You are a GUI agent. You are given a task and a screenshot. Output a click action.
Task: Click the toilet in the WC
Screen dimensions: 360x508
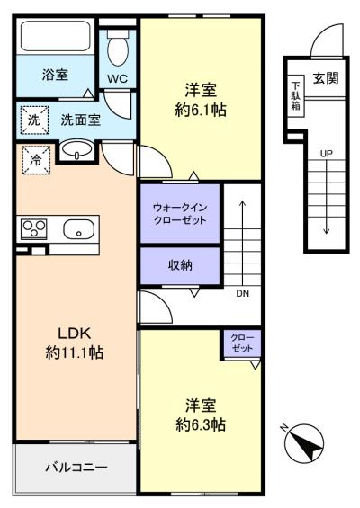(x=119, y=48)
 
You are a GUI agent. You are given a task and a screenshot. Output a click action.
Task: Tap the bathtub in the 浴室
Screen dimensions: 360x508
(x=55, y=36)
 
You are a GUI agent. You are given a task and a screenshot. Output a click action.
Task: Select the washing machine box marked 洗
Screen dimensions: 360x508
(x=34, y=120)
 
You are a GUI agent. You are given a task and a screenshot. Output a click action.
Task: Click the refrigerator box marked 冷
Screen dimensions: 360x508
(x=36, y=160)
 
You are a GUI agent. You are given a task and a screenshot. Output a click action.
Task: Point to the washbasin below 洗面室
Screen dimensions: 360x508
(x=77, y=150)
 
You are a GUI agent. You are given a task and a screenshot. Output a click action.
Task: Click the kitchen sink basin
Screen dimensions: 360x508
(x=79, y=229)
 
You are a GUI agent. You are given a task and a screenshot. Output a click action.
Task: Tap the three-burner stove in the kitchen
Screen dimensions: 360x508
(x=34, y=229)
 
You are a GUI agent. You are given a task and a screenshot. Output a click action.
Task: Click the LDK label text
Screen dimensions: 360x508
(x=75, y=333)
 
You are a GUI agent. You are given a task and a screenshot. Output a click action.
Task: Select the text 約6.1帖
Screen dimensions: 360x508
(x=201, y=111)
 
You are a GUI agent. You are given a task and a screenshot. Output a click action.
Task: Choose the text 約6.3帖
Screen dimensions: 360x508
(x=201, y=424)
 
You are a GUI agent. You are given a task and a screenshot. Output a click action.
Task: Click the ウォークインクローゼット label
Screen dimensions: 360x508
(x=180, y=214)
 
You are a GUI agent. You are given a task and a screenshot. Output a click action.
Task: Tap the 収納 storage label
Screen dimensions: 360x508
(x=180, y=265)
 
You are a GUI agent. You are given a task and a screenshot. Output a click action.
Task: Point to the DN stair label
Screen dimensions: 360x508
(x=243, y=293)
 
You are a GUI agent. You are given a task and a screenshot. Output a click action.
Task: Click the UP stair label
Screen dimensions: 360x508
(x=327, y=154)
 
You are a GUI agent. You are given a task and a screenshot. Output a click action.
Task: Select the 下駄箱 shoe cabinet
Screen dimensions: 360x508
(x=295, y=96)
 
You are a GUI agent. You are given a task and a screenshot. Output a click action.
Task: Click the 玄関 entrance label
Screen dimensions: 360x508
(x=326, y=78)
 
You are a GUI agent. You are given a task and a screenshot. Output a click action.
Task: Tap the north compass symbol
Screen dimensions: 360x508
(x=303, y=442)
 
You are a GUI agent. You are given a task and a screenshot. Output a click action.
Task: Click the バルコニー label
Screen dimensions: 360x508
(x=76, y=468)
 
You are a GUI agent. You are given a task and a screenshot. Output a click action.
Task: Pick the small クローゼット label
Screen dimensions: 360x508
(x=242, y=343)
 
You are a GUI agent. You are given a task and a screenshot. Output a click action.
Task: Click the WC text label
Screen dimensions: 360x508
(x=117, y=79)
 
